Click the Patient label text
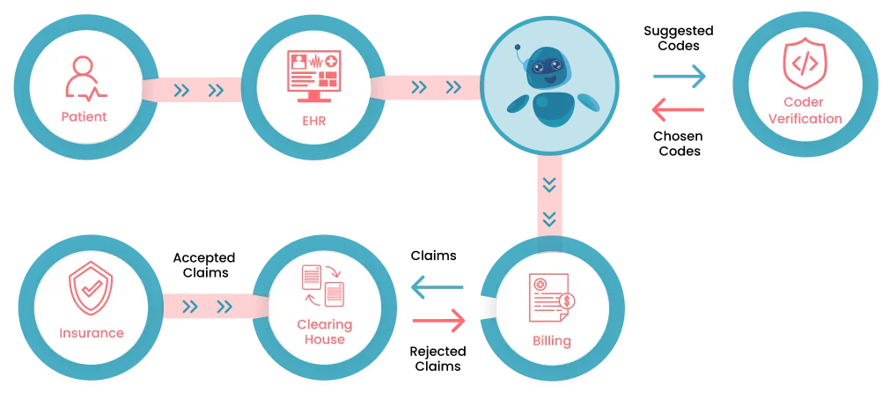(84, 116)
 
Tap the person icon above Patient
(84, 78)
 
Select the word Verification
(805, 118)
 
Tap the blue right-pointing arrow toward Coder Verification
(680, 77)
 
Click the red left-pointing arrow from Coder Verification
(677, 109)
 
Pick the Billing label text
(552, 341)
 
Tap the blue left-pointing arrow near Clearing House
(438, 287)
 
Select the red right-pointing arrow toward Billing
(438, 320)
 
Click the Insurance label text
(92, 333)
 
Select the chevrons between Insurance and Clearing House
(208, 307)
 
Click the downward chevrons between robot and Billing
(550, 200)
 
